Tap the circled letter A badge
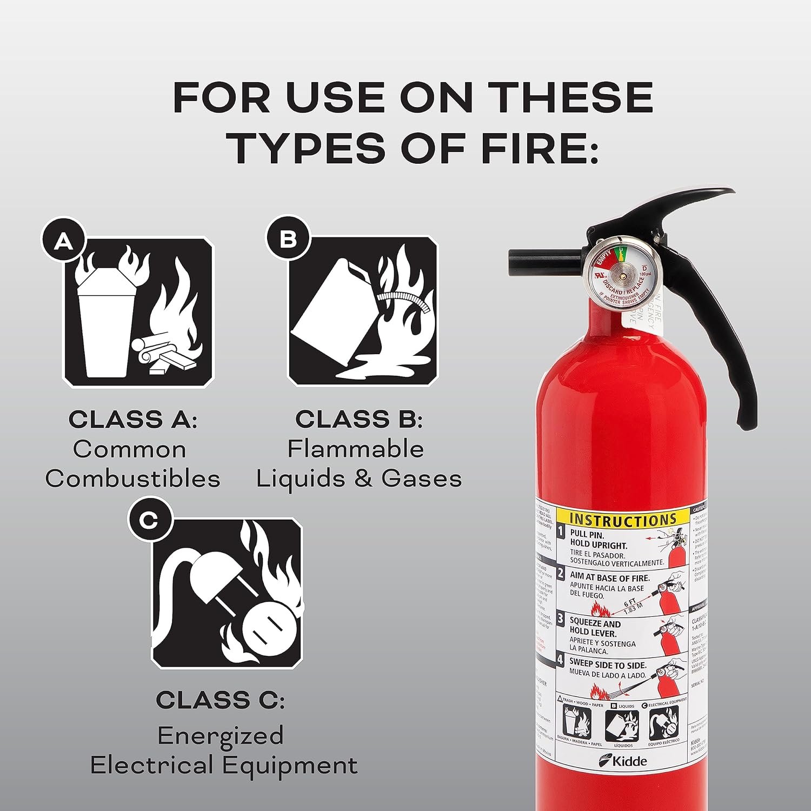tap(64, 241)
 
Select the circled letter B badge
tap(287, 238)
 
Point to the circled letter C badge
tap(149, 521)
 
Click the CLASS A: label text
tap(133, 420)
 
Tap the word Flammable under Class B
tap(355, 449)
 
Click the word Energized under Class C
tap(220, 736)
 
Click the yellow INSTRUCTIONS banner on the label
tap(623, 520)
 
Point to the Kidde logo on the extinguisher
tap(623, 761)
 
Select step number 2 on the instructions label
tap(561, 574)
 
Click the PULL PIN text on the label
tap(588, 535)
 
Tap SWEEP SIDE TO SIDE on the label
tap(608, 664)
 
